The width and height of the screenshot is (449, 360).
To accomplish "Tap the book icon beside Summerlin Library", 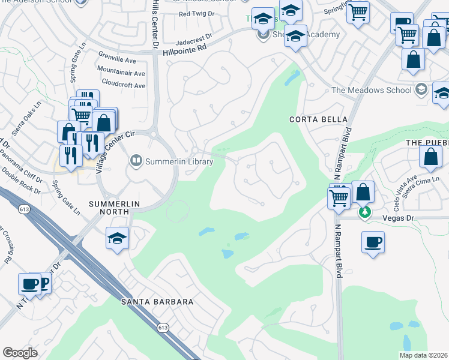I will click(x=136, y=161).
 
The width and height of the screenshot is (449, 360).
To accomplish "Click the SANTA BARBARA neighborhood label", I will click(x=157, y=301).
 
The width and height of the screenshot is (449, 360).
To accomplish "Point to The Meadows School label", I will click(x=372, y=91).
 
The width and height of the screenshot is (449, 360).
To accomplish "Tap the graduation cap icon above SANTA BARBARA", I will click(x=118, y=238).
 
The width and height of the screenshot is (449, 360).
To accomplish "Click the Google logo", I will click(x=20, y=353).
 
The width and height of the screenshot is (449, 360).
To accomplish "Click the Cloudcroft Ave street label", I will click(x=124, y=85).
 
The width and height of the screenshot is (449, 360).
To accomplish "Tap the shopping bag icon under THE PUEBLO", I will click(x=432, y=157).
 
